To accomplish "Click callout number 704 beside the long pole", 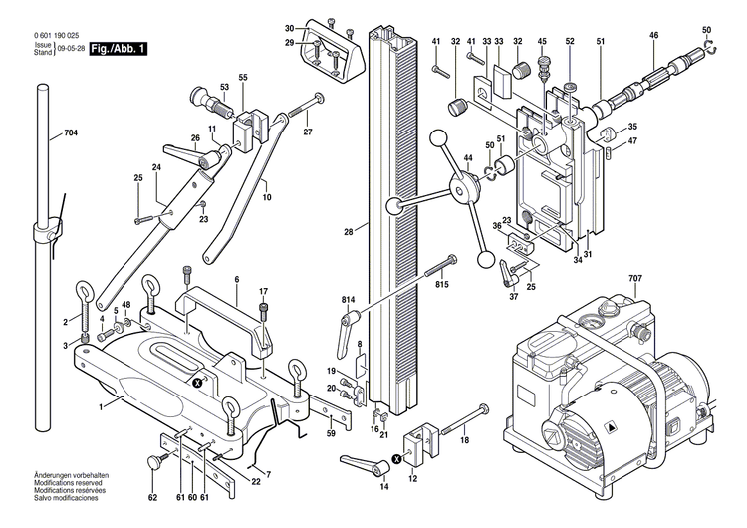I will [70, 133].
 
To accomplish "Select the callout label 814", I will [319, 300].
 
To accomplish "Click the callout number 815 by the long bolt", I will [442, 285].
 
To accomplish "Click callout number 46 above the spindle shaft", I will [654, 35].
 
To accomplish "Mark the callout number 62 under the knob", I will [152, 497].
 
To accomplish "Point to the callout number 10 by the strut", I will [267, 197].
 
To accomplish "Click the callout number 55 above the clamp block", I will [242, 77].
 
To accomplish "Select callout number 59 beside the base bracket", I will [330, 434].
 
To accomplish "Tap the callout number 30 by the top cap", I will [289, 28].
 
